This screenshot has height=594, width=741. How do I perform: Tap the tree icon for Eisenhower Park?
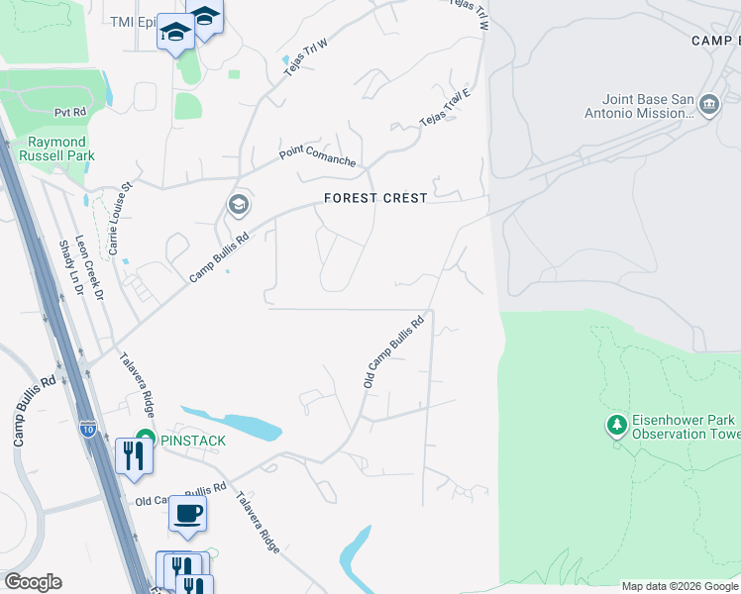pyautogui.click(x=617, y=425)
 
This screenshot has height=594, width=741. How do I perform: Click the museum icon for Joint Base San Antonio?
pyautogui.click(x=708, y=105)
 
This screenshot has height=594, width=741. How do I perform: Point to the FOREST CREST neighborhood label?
pyautogui.click(x=376, y=198)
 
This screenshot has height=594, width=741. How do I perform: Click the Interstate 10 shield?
pyautogui.click(x=88, y=429)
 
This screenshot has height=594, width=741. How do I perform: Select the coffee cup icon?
pyautogui.click(x=187, y=513)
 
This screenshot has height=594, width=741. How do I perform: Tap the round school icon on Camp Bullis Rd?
pyautogui.click(x=238, y=206)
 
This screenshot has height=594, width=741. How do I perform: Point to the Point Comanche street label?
pyautogui.click(x=317, y=153)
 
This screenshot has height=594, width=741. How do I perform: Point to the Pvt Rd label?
pyautogui.click(x=71, y=113)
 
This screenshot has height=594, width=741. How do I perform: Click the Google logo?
pyautogui.click(x=33, y=582)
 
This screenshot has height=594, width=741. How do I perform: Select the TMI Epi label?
pyautogui.click(x=135, y=22)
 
